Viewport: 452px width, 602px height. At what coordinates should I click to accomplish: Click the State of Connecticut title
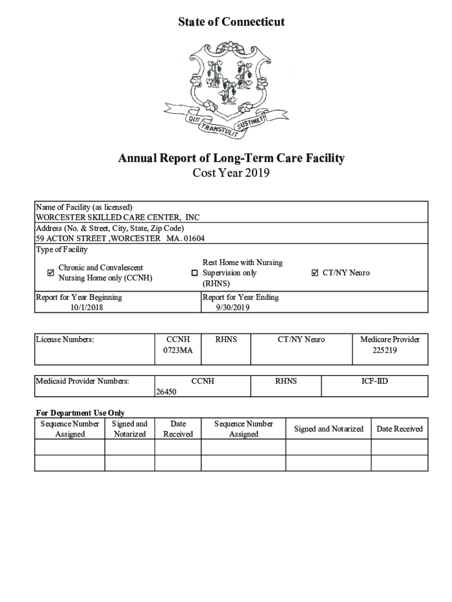[231, 22]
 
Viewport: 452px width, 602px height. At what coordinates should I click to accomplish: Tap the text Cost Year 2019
[231, 173]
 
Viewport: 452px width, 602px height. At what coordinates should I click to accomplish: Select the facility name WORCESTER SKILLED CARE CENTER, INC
[118, 217]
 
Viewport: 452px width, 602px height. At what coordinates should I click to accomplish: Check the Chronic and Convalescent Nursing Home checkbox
[50, 273]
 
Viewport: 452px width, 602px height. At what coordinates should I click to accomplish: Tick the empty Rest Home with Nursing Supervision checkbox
[194, 273]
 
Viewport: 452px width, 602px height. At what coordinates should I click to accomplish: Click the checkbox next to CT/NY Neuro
[315, 273]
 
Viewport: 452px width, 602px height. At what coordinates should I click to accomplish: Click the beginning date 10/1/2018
[86, 307]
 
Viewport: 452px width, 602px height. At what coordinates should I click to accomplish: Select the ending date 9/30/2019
[233, 307]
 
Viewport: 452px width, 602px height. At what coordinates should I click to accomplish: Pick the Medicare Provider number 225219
[390, 350]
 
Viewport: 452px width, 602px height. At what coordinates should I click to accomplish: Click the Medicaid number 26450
[166, 392]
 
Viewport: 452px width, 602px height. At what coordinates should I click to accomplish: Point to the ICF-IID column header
[375, 381]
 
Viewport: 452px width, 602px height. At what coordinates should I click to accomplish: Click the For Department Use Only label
[80, 413]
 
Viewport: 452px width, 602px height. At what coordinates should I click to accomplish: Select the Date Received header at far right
[399, 429]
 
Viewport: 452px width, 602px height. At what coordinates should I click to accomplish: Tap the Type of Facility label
[62, 250]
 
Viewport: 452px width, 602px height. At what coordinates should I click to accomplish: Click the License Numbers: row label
[65, 339]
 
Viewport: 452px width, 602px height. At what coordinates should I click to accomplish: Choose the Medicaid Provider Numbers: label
[82, 381]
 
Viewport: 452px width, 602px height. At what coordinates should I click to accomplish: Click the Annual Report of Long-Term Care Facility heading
[231, 158]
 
